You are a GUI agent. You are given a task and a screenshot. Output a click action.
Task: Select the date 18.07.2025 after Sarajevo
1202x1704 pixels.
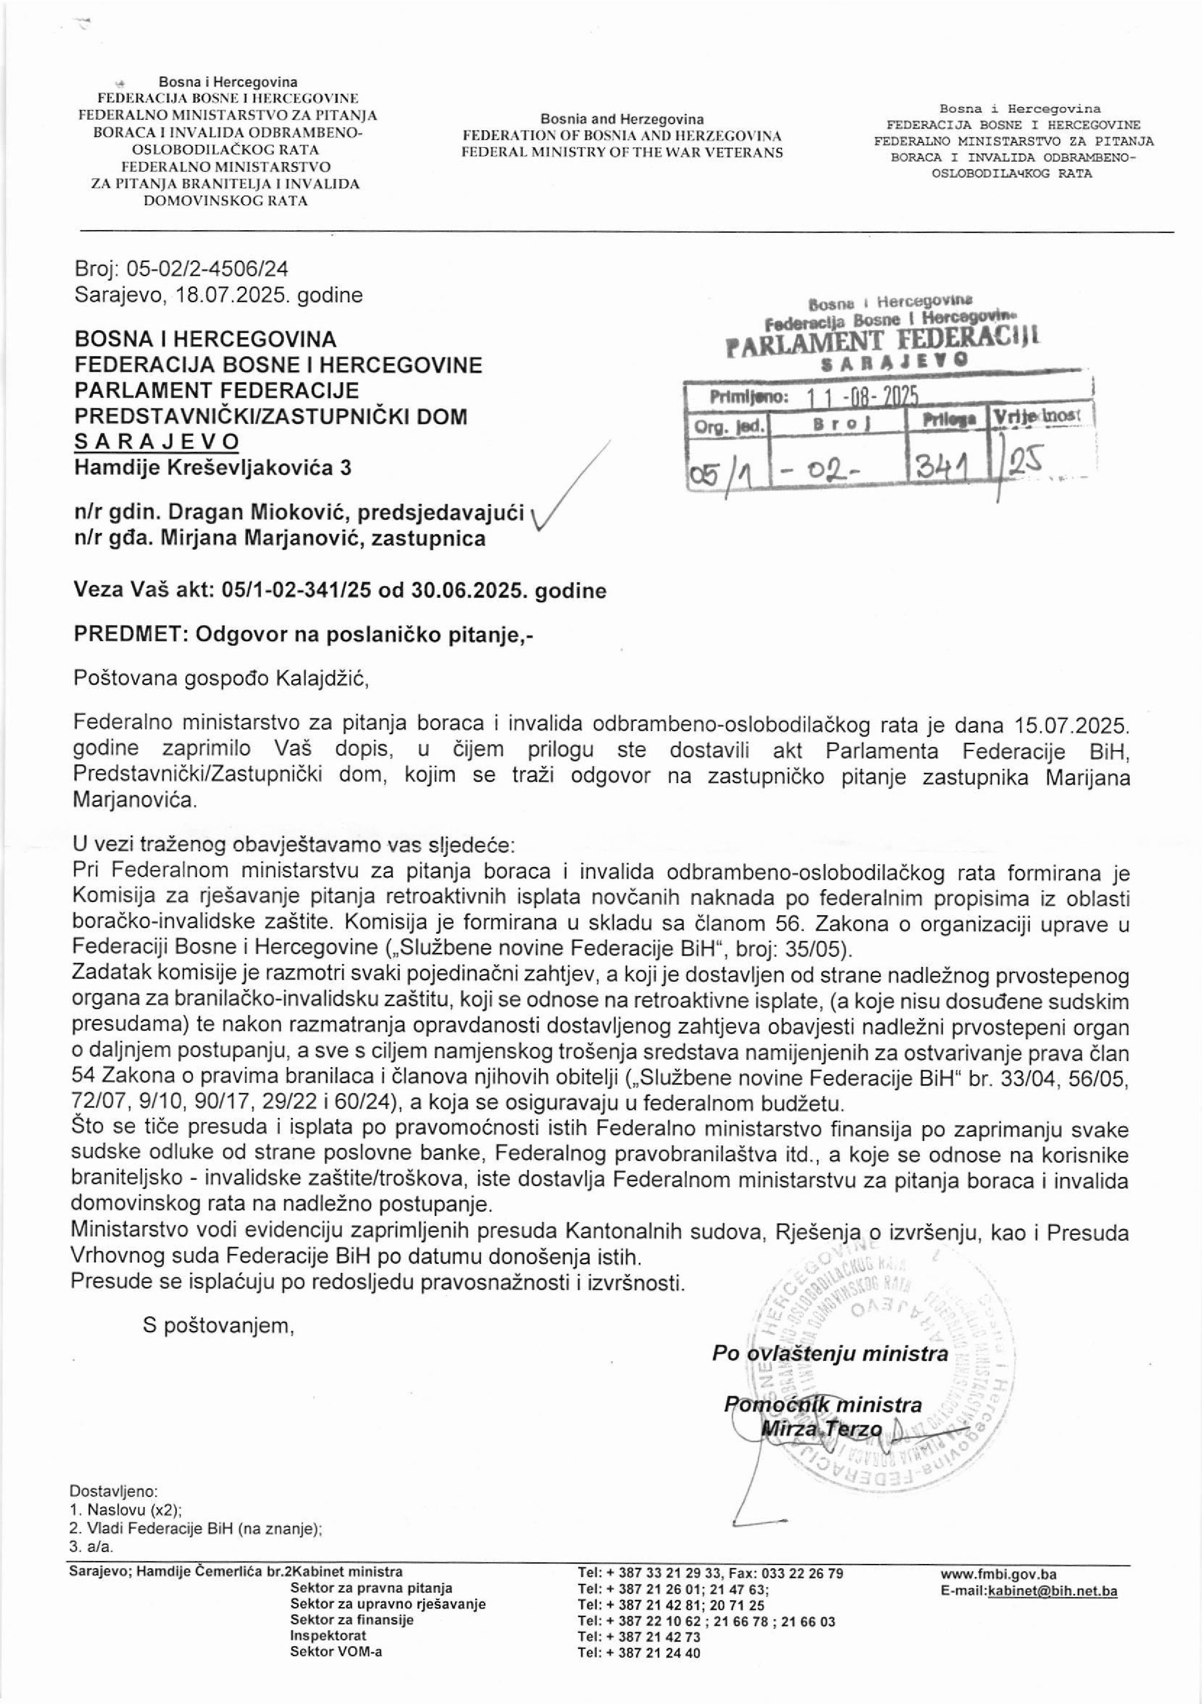[232, 295]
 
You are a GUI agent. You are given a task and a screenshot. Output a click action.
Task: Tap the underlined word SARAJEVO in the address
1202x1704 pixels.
[156, 442]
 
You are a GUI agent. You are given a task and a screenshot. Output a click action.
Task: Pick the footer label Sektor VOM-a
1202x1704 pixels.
[336, 1651]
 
